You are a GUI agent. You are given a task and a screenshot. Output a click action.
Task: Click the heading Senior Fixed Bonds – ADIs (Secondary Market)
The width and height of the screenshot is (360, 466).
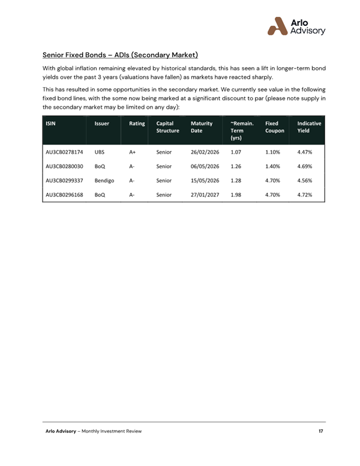point(121,55)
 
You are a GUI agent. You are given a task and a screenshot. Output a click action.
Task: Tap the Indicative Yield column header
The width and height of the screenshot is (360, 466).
point(309,127)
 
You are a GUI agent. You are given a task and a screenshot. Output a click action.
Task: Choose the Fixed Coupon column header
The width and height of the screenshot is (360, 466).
point(275,127)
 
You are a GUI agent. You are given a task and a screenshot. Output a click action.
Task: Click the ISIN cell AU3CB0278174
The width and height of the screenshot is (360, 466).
point(65,153)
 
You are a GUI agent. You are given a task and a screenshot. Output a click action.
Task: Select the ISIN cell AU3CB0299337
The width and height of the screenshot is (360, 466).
point(65,180)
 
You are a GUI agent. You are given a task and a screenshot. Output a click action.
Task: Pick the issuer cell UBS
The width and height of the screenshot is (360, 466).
point(100,153)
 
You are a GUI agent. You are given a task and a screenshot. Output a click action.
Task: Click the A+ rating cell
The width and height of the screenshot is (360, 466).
point(133,153)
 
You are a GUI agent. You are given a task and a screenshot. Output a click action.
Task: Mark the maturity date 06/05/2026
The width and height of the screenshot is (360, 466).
point(205,166)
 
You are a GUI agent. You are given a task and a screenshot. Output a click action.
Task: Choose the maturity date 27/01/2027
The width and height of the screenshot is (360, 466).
point(205,195)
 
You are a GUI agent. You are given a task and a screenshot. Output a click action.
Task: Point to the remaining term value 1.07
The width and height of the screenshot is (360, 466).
point(236,153)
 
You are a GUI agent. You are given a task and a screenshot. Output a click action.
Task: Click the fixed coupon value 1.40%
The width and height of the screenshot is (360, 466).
point(273,166)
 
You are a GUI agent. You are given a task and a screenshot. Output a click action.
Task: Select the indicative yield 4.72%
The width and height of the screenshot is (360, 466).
point(305,195)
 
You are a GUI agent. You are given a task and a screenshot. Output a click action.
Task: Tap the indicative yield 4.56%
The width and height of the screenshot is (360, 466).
point(305,180)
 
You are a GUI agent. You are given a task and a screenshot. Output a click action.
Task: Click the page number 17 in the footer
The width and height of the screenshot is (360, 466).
point(321,431)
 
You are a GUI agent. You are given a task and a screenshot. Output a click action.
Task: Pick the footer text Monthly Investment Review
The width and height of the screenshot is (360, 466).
point(112,431)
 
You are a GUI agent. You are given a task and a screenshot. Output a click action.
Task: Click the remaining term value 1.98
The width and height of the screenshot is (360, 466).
point(236,195)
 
